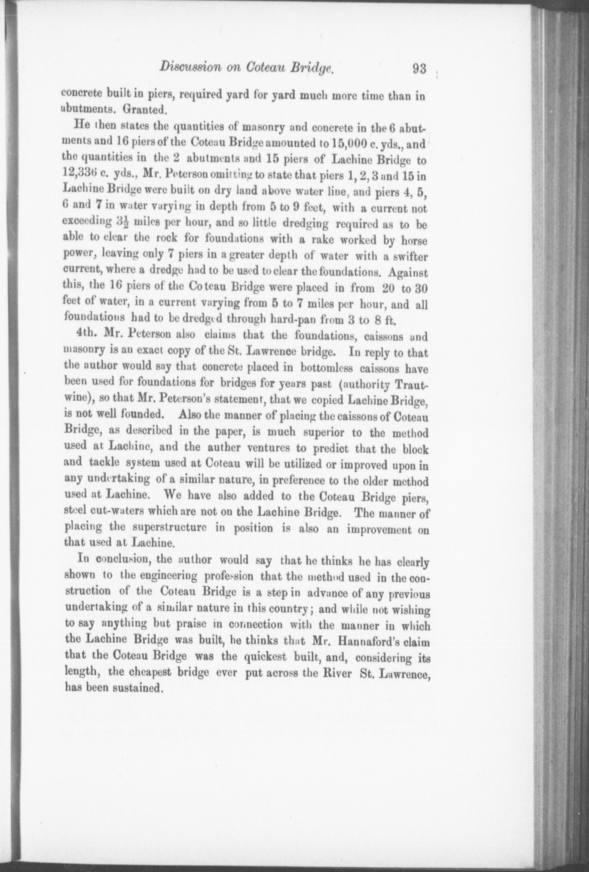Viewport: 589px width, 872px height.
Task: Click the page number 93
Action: (419, 69)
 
